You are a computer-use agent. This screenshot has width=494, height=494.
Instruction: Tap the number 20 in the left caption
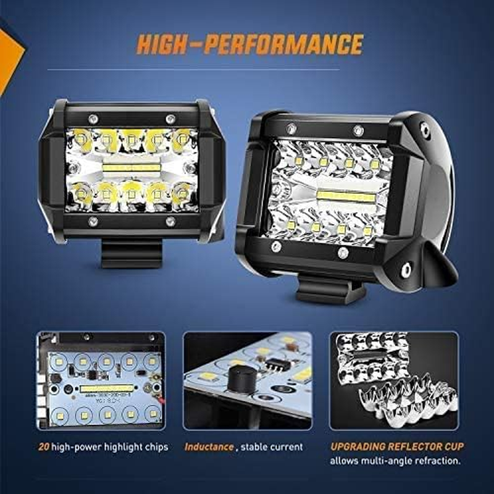pyautogui.click(x=43, y=446)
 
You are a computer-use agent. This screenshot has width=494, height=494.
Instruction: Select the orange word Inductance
pyautogui.click(x=208, y=446)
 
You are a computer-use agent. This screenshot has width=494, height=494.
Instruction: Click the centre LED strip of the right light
pyautogui.click(x=346, y=197)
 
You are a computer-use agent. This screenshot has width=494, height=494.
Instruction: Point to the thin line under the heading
pyautogui.click(x=247, y=69)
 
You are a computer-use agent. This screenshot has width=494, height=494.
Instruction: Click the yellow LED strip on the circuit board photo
pyautogui.click(x=106, y=388)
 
